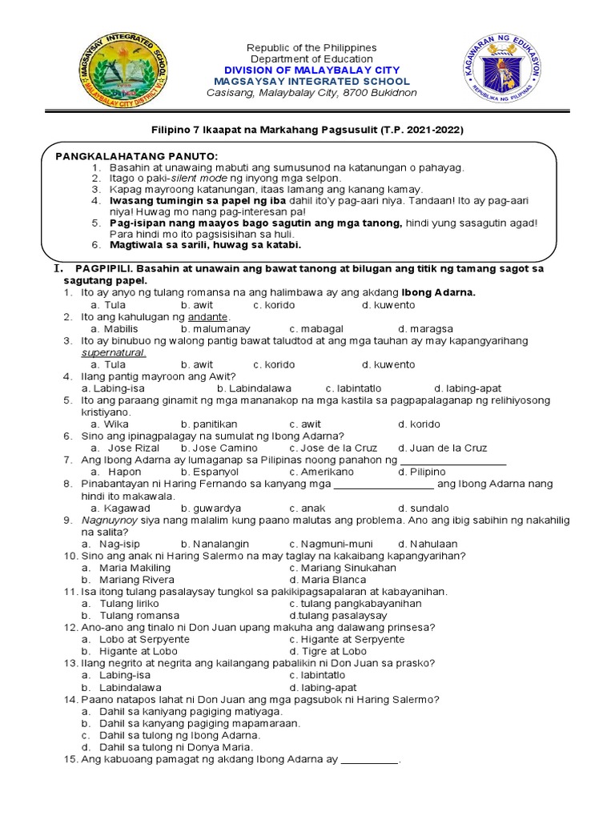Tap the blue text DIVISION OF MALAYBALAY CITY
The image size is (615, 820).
click(311, 70)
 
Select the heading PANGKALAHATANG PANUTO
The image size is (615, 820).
click(135, 155)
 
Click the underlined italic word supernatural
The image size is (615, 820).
click(113, 352)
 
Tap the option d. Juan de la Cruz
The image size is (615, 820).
click(443, 448)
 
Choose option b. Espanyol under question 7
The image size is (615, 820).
click(209, 472)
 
